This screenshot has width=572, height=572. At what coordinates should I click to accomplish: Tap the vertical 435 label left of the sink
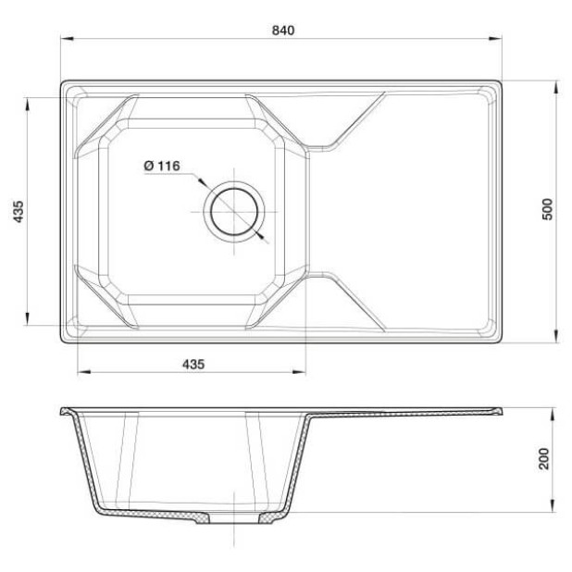pyautogui.click(x=18, y=212)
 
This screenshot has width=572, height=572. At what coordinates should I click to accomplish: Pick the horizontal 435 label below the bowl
pyautogui.click(x=193, y=364)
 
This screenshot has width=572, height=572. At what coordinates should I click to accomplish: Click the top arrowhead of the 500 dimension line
pyautogui.click(x=556, y=86)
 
